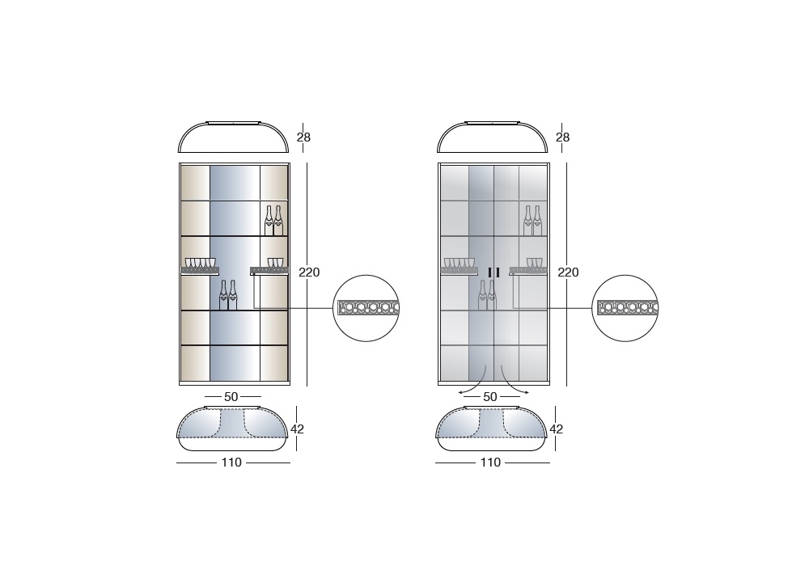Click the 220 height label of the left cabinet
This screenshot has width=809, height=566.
pyautogui.click(x=309, y=272)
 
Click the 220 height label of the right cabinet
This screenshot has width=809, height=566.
pyautogui.click(x=568, y=272)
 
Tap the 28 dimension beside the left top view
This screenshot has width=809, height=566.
pyautogui.click(x=303, y=137)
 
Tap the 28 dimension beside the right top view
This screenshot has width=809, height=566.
pyautogui.click(x=562, y=137)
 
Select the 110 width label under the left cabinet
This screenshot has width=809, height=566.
pyautogui.click(x=231, y=463)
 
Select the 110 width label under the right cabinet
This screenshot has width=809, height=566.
pyautogui.click(x=490, y=463)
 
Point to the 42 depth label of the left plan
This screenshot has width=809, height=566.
pyautogui.click(x=297, y=429)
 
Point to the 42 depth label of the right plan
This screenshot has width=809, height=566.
pyautogui.click(x=557, y=429)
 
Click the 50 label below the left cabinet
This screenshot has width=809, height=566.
pyautogui.click(x=231, y=397)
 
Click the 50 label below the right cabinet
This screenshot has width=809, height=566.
pyautogui.click(x=490, y=397)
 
